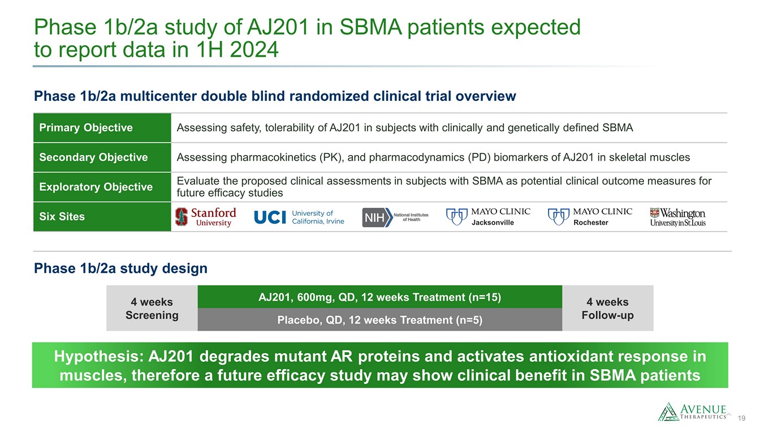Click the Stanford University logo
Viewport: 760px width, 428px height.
point(205,217)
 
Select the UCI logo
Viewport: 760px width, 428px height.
point(299,217)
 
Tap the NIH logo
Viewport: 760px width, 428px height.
point(395,217)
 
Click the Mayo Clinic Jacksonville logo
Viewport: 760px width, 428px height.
point(489,217)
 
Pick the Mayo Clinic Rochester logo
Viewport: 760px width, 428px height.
point(590,217)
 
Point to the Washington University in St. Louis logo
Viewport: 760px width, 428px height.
point(677,217)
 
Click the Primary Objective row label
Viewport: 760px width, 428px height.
point(86,128)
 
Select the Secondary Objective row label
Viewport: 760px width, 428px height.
point(93,157)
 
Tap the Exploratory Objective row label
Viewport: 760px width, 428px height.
point(96,187)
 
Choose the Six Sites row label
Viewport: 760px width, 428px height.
point(62,216)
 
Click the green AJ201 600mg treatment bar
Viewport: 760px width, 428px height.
point(379,297)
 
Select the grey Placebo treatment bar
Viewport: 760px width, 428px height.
point(379,320)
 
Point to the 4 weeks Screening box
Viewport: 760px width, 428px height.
point(152,308)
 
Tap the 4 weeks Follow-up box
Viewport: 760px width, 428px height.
point(607,308)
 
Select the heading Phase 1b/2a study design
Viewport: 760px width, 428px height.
point(121,268)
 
